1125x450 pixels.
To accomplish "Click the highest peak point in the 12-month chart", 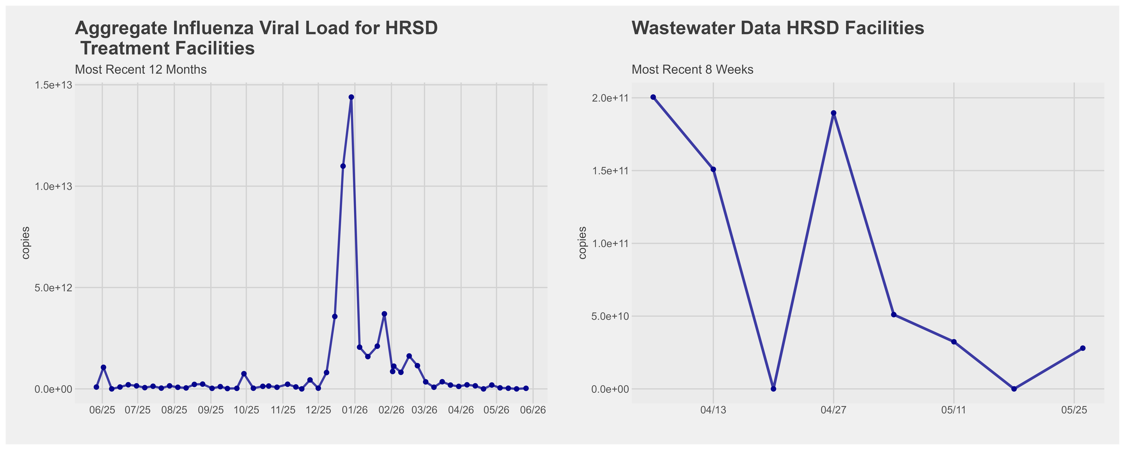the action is [x=351, y=97].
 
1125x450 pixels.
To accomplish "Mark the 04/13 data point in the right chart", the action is [x=713, y=169].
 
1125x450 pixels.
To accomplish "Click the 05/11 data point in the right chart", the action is [x=954, y=342].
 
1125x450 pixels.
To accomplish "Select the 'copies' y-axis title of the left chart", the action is [x=26, y=243].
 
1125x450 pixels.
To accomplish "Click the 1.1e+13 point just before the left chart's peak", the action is [x=343, y=166].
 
